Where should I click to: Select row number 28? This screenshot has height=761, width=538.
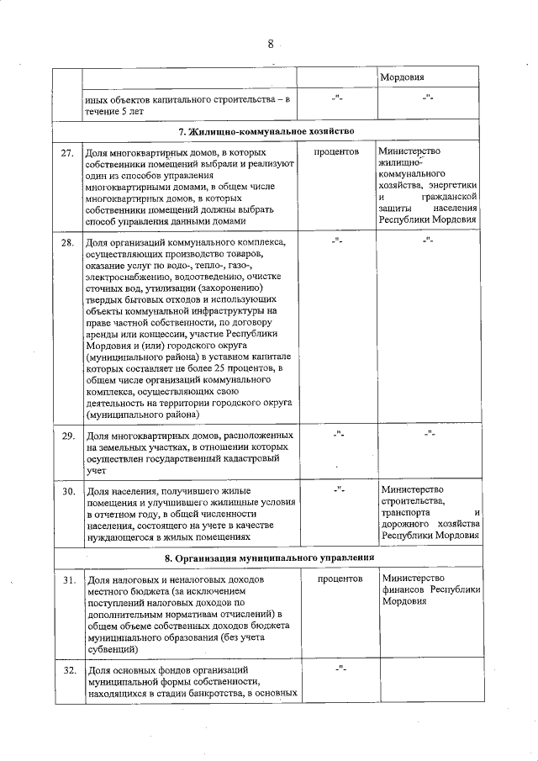(x=67, y=244)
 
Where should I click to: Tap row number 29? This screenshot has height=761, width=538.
(x=67, y=436)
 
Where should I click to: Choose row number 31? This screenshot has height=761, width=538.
(x=67, y=581)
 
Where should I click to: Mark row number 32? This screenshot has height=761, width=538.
(x=67, y=670)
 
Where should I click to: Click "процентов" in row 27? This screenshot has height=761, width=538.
(x=337, y=152)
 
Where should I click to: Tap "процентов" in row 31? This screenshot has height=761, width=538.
(x=337, y=579)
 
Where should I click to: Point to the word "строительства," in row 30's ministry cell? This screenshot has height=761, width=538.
(x=411, y=500)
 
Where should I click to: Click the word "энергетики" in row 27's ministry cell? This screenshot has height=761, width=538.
(x=455, y=185)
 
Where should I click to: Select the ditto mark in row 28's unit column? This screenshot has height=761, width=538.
(x=337, y=242)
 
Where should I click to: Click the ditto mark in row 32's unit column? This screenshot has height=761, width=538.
(x=337, y=669)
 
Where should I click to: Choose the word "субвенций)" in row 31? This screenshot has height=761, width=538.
(x=110, y=649)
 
